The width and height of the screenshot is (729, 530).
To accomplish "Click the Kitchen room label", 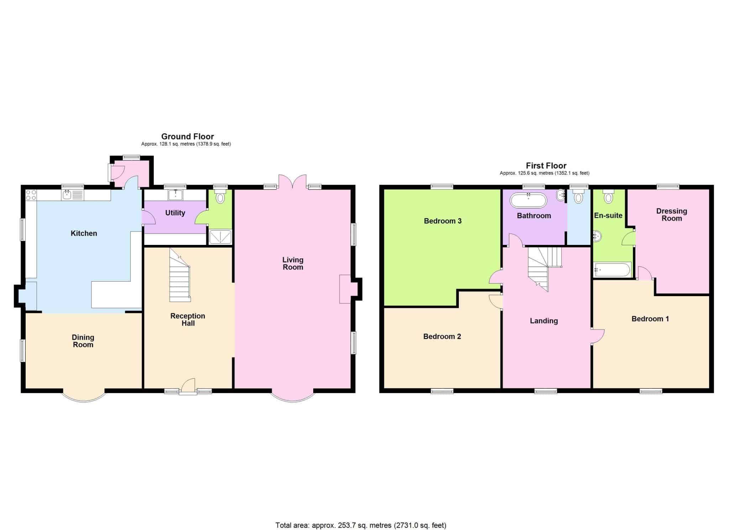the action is click(x=84, y=233).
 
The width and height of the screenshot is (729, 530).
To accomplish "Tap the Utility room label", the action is click(x=175, y=213).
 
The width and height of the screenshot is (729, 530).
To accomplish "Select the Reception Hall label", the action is click(x=188, y=320).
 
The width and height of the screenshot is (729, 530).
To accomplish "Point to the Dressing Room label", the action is click(x=672, y=215).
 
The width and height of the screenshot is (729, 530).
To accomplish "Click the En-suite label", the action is click(x=608, y=215).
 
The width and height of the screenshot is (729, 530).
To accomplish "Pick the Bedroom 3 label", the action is click(x=442, y=221).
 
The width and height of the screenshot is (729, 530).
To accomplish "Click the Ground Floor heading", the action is click(x=188, y=136).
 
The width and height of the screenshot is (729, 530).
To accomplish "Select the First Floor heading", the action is click(x=546, y=166).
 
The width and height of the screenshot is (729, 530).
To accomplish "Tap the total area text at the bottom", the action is click(x=361, y=525).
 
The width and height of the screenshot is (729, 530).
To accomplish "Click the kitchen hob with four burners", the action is click(x=31, y=195).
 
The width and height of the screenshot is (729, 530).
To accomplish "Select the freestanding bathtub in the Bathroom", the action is click(x=529, y=200).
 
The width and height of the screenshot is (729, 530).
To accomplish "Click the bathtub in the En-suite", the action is click(x=612, y=269).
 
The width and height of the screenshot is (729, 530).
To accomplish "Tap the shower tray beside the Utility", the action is click(x=220, y=237).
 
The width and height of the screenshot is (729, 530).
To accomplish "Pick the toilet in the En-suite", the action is click(x=608, y=196).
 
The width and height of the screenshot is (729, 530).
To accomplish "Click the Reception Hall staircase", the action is click(x=180, y=275).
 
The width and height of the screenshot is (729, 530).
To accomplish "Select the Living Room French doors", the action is click(x=293, y=181).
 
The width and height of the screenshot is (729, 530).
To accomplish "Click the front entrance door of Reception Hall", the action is click(x=188, y=387).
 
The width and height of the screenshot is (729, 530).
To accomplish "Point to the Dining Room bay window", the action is click(x=84, y=397).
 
